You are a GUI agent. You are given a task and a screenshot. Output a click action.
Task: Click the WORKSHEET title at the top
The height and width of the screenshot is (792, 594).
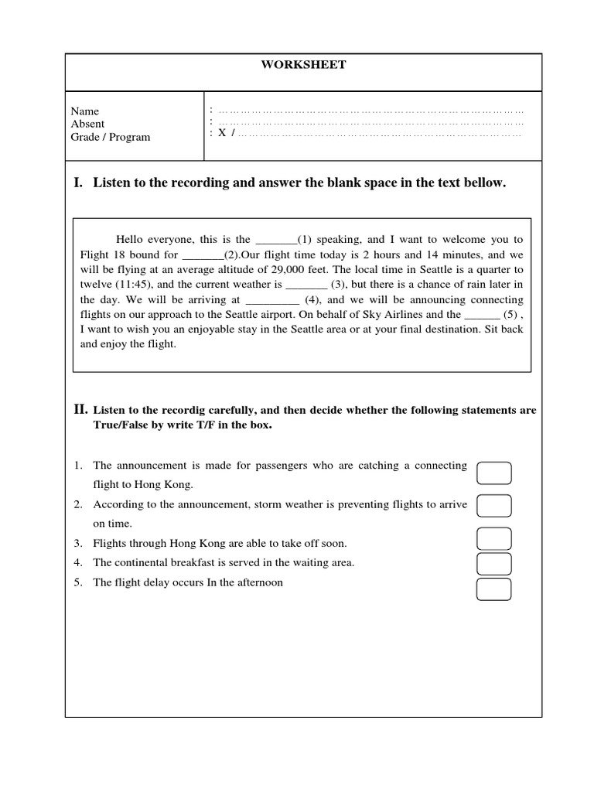pyautogui.click(x=303, y=65)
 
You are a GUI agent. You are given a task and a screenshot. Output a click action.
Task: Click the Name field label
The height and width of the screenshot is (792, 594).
pyautogui.click(x=85, y=111)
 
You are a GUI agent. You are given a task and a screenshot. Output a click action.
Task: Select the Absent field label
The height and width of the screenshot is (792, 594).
pyautogui.click(x=87, y=124)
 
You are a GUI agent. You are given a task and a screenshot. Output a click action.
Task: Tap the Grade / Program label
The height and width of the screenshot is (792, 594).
pyautogui.click(x=111, y=138)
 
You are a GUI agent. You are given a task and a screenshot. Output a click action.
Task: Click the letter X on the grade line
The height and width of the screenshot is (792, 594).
pyautogui.click(x=222, y=133)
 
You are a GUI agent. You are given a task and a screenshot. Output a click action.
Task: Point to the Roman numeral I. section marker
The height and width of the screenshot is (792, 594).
pyautogui.click(x=78, y=183)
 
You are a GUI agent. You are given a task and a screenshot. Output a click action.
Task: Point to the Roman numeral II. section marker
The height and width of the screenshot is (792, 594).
pyautogui.click(x=80, y=410)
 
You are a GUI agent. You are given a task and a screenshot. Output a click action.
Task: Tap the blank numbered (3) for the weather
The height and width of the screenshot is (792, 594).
pyautogui.click(x=306, y=285)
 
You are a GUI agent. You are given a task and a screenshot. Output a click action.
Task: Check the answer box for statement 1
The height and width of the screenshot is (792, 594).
pyautogui.click(x=494, y=473)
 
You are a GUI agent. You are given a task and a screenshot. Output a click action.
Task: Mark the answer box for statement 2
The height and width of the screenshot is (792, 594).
pyautogui.click(x=494, y=505)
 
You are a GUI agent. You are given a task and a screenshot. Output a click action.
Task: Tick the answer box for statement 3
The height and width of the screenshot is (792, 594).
pyautogui.click(x=494, y=538)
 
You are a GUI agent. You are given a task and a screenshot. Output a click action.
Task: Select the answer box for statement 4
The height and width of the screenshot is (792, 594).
pyautogui.click(x=494, y=564)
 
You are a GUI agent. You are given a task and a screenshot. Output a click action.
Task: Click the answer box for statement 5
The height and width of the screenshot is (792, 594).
pyautogui.click(x=494, y=589)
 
